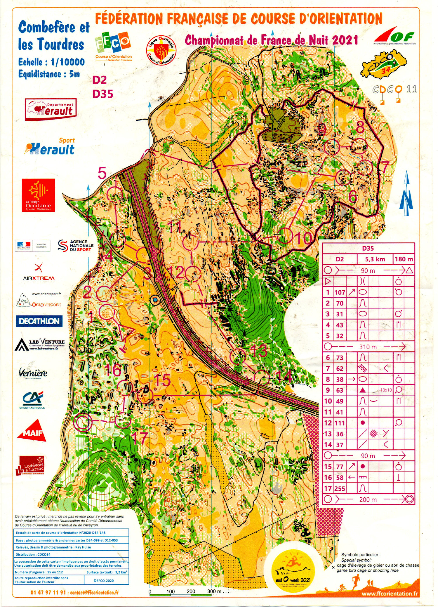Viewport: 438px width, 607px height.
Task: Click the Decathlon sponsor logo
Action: (x=39, y=321)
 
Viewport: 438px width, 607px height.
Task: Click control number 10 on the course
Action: (x=285, y=236)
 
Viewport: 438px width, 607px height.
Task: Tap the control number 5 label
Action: (x=102, y=173)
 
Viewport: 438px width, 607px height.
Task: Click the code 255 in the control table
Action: (x=340, y=489)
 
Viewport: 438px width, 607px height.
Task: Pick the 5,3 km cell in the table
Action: (x=375, y=259)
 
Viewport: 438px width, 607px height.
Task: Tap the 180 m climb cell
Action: (x=404, y=259)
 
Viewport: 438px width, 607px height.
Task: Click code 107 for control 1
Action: (x=340, y=292)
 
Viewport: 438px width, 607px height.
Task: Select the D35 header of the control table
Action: (x=368, y=248)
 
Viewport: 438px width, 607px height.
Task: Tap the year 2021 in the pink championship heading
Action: (x=345, y=40)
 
